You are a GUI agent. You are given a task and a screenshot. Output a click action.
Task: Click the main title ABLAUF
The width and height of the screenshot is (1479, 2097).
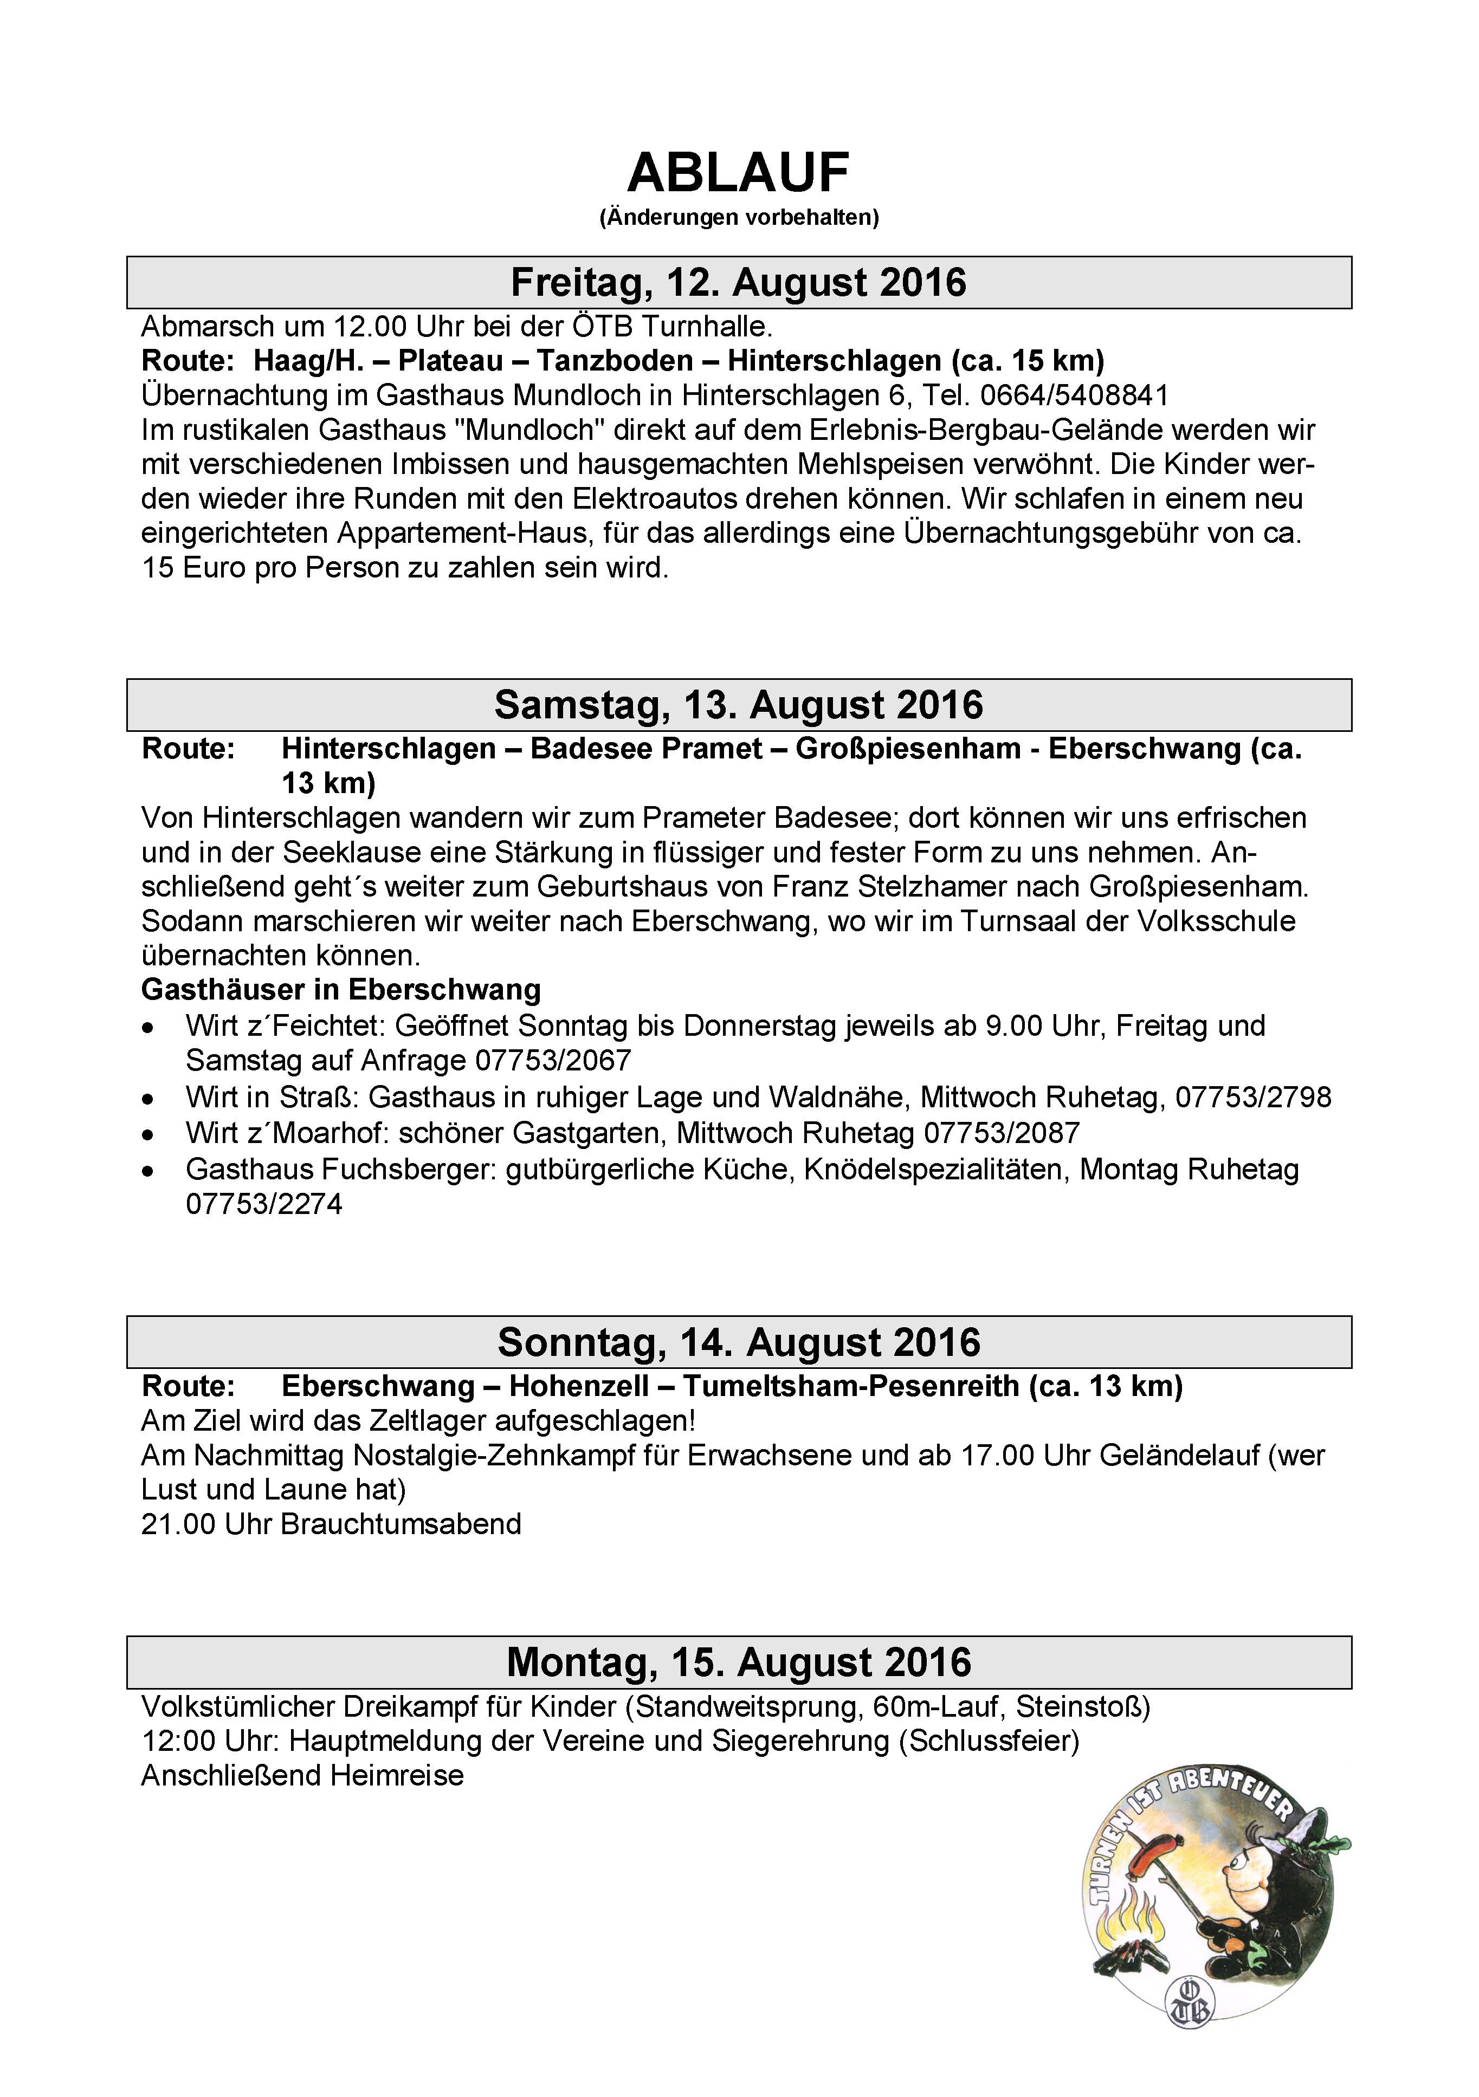point(738,173)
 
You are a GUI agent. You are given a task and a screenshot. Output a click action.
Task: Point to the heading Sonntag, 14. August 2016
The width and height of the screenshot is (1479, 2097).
point(738,1342)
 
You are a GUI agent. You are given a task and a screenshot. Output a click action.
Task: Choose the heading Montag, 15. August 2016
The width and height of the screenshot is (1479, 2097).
point(738,1662)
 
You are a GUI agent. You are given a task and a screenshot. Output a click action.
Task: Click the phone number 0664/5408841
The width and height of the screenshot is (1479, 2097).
point(1074,395)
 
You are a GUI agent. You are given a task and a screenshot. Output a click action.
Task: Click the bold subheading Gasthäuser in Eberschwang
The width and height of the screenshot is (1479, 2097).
point(341,990)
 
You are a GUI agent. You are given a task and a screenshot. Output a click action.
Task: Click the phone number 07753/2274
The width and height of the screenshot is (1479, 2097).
point(264,1205)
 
